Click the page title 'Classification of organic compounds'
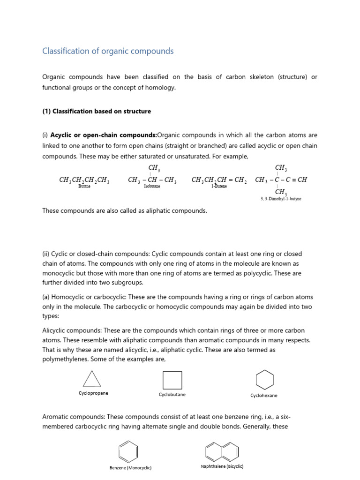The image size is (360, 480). pyautogui.click(x=108, y=51)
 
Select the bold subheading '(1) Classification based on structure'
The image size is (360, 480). pyautogui.click(x=97, y=111)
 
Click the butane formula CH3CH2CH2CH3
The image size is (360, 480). pyautogui.click(x=84, y=180)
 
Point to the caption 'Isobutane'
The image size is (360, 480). pyautogui.click(x=152, y=187)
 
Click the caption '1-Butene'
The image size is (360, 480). pyautogui.click(x=219, y=186)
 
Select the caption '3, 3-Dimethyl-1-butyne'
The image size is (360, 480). pyautogui.click(x=281, y=199)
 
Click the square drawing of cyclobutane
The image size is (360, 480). pyautogui.click(x=172, y=380)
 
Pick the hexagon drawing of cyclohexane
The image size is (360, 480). pyautogui.click(x=264, y=380)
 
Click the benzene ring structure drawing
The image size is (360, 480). pyautogui.click(x=128, y=451)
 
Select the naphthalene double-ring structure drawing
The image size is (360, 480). pyautogui.click(x=222, y=451)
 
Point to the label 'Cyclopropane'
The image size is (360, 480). pyautogui.click(x=93, y=393)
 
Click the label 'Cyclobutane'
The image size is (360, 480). pyautogui.click(x=172, y=395)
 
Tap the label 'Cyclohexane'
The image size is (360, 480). pyautogui.click(x=263, y=396)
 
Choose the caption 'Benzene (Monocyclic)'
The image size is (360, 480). pyautogui.click(x=130, y=468)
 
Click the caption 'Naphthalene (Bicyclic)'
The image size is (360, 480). pyautogui.click(x=222, y=466)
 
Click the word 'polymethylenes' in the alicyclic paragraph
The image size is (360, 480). pyautogui.click(x=64, y=359)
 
